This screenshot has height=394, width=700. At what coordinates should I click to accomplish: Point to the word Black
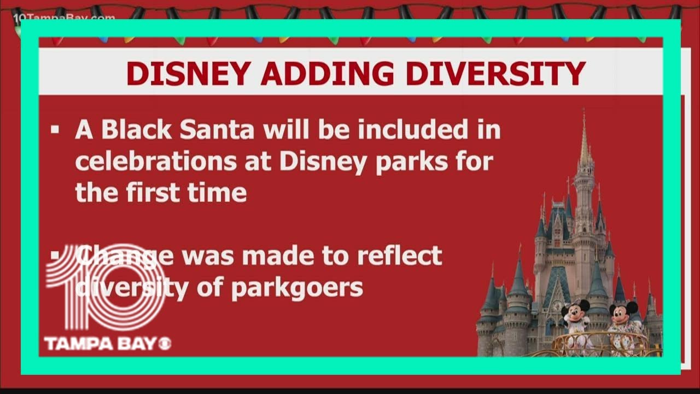(139, 130)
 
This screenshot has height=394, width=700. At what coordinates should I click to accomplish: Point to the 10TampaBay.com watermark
(63, 18)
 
